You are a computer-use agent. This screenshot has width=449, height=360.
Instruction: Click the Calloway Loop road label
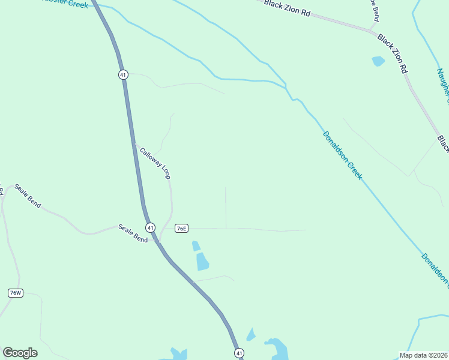[155, 163]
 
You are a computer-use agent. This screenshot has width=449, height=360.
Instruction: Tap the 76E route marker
[181, 229]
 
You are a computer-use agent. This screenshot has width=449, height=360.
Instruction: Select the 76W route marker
[16, 293]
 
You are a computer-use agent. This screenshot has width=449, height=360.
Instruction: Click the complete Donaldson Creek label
[342, 155]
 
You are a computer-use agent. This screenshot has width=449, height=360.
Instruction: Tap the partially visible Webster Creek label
[66, 4]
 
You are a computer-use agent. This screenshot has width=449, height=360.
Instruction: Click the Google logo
[20, 353]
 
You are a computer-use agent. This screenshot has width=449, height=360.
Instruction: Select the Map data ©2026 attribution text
[423, 355]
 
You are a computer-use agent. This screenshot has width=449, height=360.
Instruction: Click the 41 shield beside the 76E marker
[150, 227]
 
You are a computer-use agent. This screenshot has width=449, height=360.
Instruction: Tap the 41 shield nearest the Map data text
[239, 353]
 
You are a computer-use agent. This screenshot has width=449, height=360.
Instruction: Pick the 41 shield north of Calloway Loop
[122, 74]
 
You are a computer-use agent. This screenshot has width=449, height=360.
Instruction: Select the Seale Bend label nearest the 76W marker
[28, 196]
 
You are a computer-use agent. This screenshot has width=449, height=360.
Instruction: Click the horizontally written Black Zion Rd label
[287, 8]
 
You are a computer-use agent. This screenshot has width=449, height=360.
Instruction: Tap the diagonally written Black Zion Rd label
[393, 53]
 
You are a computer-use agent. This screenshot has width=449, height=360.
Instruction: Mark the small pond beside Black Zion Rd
[378, 61]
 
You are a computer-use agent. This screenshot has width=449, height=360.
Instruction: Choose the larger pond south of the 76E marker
[202, 261]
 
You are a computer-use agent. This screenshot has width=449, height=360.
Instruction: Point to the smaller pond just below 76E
[196, 245]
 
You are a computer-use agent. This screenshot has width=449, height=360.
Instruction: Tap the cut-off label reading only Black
[443, 143]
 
